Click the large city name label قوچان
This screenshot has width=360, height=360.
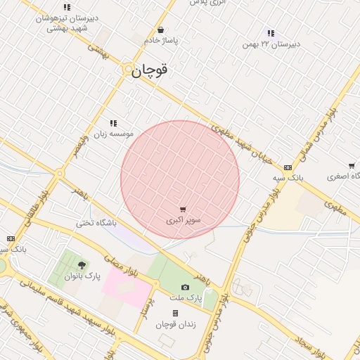tap(153, 71)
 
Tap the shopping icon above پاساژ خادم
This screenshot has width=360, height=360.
tap(162, 30)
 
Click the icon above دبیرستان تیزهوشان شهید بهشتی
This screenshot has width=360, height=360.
tap(67, 8)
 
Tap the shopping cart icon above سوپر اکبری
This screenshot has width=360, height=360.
tap(184, 209)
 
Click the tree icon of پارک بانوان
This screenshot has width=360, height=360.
tap(82, 265)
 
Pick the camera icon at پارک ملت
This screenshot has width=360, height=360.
tap(185, 287)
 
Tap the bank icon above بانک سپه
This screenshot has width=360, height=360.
tap(287, 167)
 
